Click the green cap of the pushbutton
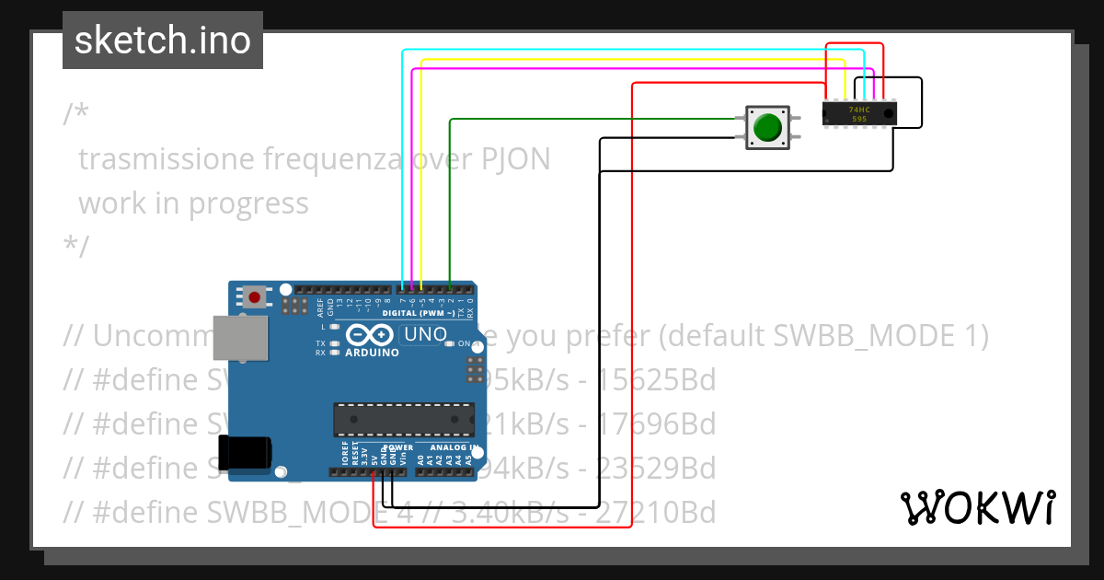click(766, 127)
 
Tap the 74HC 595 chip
click(858, 113)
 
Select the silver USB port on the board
click(241, 338)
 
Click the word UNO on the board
click(426, 334)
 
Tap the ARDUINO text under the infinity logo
click(372, 353)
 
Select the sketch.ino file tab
click(163, 41)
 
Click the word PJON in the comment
click(516, 159)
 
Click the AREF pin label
click(320, 304)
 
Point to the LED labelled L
click(335, 327)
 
